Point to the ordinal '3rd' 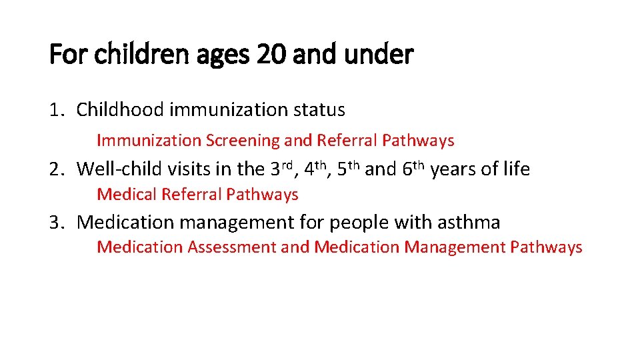click(x=283, y=169)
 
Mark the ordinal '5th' click(x=349, y=169)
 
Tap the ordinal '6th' click(x=414, y=169)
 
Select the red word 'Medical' click(x=125, y=195)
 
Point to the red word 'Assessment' click(x=231, y=247)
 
